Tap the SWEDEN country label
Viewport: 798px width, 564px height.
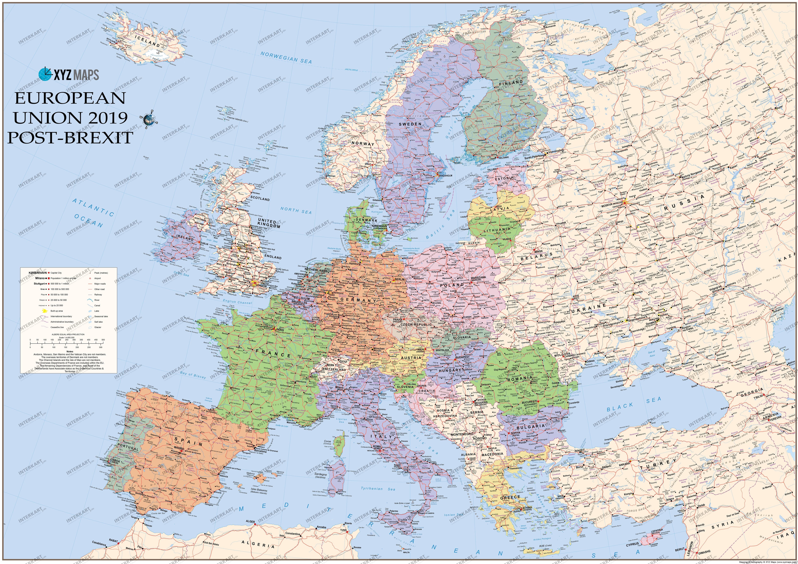[x=410, y=124]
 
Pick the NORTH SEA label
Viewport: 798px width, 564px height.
[x=296, y=210]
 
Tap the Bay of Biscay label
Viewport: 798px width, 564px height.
[x=193, y=375]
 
